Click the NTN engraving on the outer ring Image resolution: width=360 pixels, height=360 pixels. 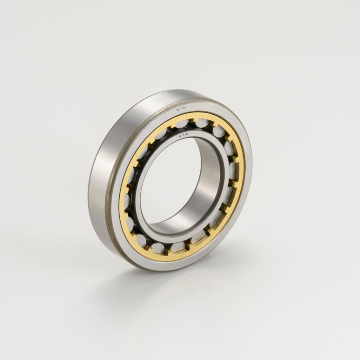point(181,109)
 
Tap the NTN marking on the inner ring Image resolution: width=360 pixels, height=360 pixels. point(184,136)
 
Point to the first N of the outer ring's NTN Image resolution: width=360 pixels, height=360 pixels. point(178,110)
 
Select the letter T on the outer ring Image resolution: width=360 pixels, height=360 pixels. point(181,109)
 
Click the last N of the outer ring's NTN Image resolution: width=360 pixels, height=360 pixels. point(185,109)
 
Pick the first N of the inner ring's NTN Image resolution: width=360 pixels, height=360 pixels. point(180,136)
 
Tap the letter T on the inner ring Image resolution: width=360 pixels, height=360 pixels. point(184,136)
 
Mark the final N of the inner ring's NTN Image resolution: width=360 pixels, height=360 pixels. point(187,135)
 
